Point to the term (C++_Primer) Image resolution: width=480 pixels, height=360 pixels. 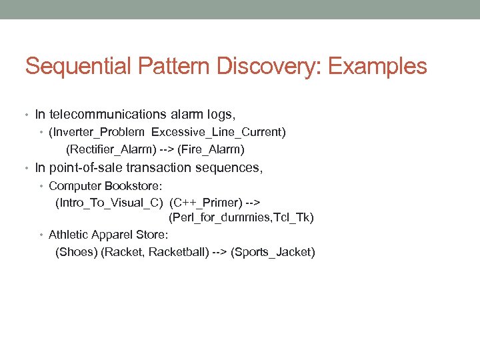(x=205, y=201)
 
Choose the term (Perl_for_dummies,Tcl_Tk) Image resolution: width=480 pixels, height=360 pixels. (x=241, y=217)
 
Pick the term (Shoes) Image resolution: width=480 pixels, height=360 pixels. (x=76, y=251)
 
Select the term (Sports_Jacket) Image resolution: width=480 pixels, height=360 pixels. (x=273, y=251)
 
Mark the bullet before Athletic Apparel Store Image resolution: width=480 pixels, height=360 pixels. (x=41, y=235)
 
